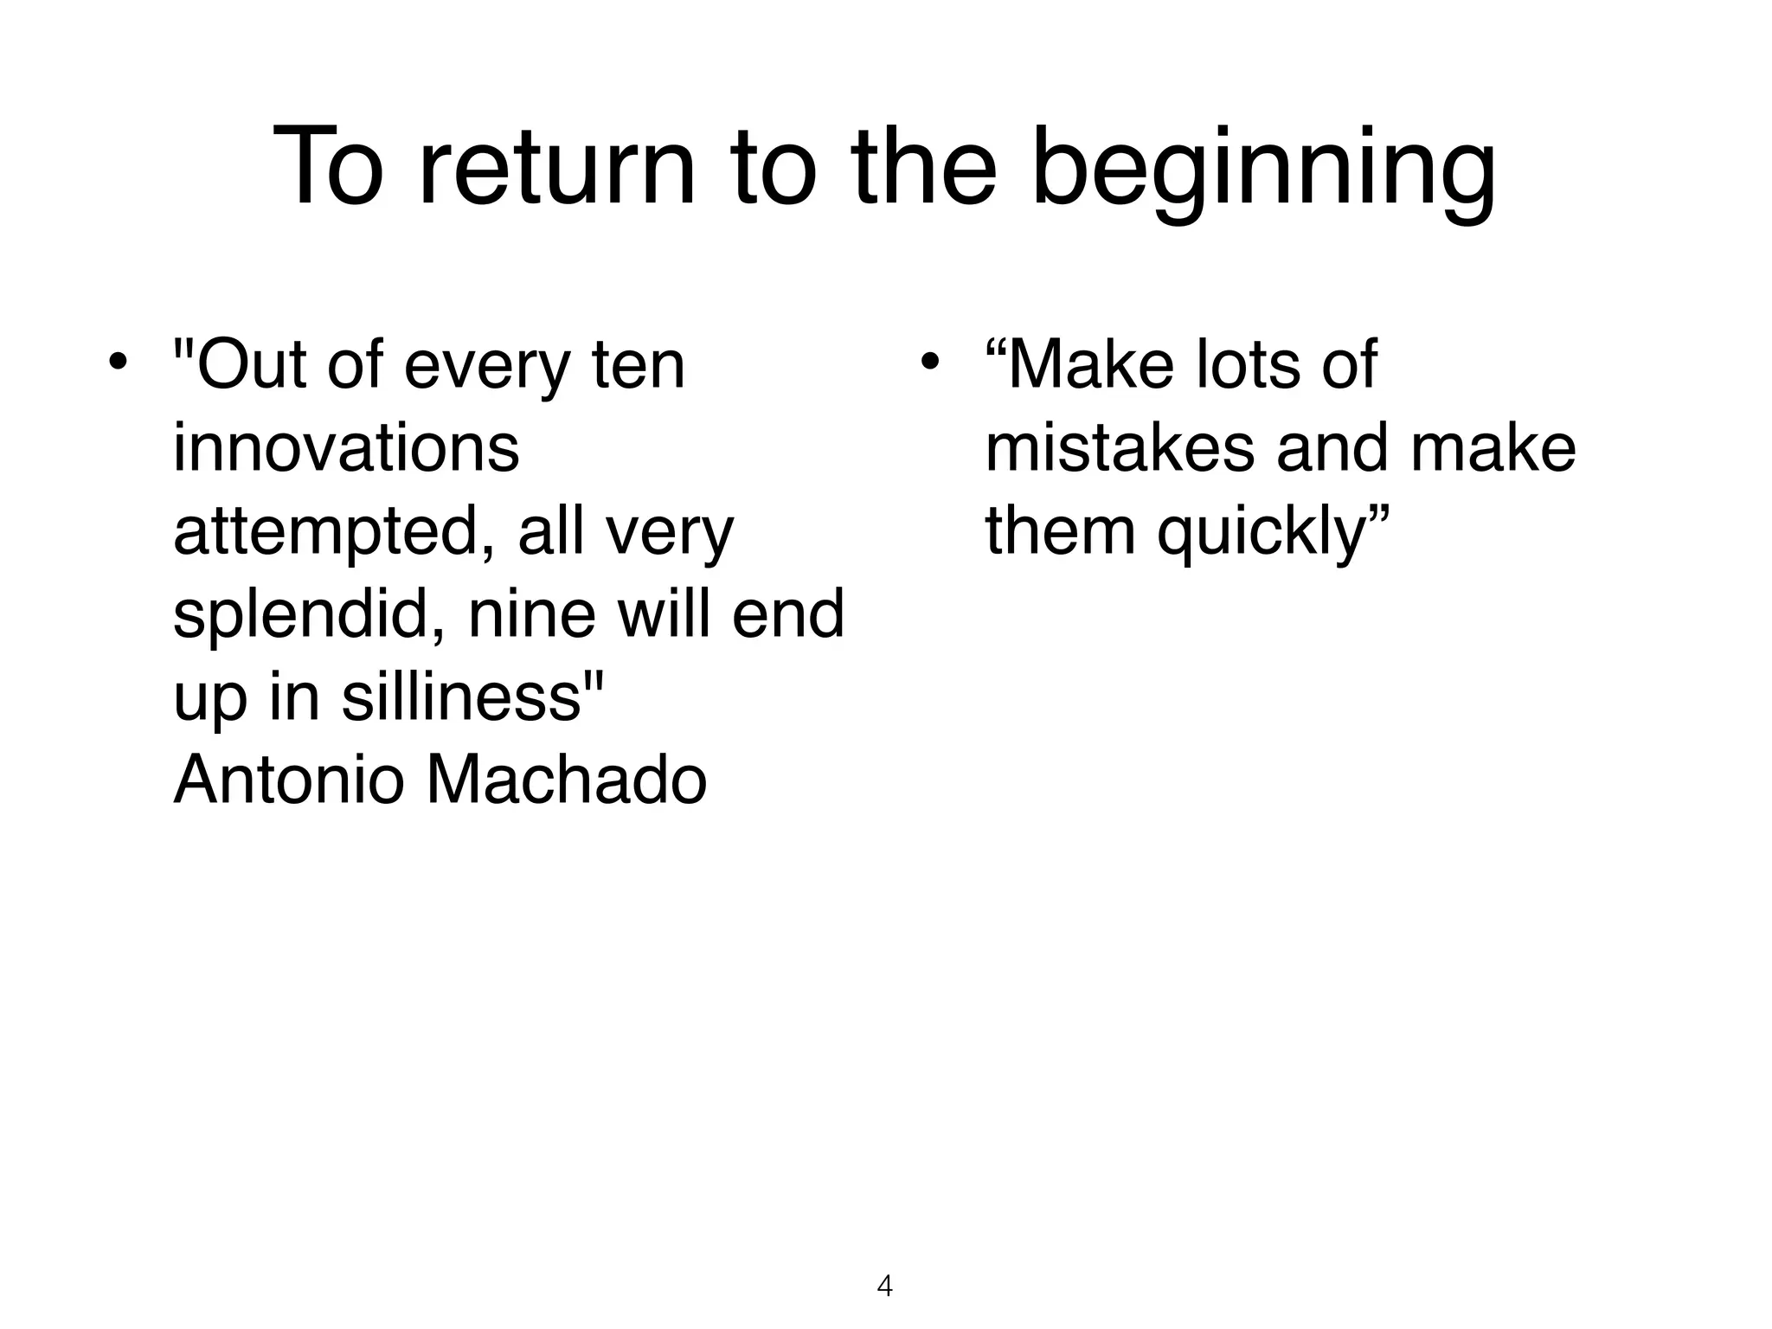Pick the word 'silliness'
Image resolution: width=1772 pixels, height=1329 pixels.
click(460, 697)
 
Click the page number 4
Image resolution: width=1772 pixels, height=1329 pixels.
click(884, 1286)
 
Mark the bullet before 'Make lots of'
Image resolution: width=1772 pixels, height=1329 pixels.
click(929, 363)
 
